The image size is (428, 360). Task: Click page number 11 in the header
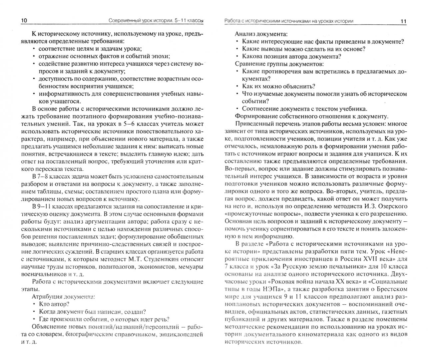403,21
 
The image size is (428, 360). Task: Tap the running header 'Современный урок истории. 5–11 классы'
156,21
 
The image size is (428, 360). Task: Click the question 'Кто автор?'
54,304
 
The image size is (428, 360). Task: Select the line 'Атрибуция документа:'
63,296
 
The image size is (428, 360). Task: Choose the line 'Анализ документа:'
256,34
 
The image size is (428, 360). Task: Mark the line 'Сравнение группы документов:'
279,64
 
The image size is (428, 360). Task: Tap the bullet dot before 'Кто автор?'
35,304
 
